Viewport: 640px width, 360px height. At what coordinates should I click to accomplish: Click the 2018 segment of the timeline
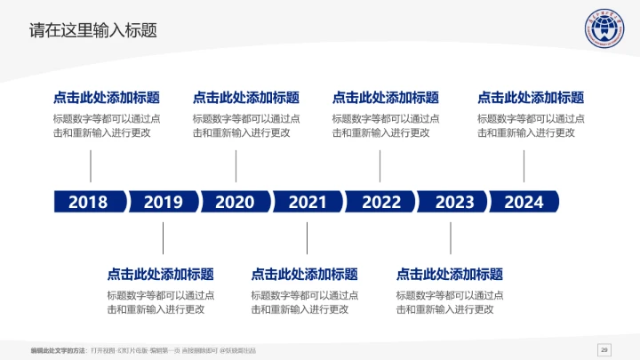88,202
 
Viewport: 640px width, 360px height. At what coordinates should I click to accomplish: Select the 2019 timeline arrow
163,202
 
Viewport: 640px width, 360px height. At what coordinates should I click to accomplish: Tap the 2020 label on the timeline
235,202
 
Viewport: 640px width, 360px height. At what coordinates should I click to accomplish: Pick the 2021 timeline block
308,202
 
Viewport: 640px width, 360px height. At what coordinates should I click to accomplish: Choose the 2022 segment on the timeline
381,202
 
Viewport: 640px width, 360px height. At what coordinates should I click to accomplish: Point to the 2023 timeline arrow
454,202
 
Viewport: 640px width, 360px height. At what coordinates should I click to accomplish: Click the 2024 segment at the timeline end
524,202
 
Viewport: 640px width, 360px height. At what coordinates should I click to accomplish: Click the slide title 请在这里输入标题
93,30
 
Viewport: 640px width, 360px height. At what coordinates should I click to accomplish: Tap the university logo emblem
596,33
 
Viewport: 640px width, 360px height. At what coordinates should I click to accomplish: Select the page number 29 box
604,348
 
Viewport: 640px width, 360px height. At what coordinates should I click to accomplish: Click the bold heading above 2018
107,98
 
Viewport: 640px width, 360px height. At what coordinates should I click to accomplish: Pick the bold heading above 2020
246,98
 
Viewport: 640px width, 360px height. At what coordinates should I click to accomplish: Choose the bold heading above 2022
386,98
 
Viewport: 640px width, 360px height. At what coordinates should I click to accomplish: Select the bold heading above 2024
531,98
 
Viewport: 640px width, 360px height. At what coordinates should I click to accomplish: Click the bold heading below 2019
161,274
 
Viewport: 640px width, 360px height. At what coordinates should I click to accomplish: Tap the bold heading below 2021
305,274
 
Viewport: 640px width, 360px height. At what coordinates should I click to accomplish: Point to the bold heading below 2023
450,274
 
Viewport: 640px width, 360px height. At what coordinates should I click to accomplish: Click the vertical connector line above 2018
91,166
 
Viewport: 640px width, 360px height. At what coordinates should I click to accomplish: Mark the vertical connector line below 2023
451,237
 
